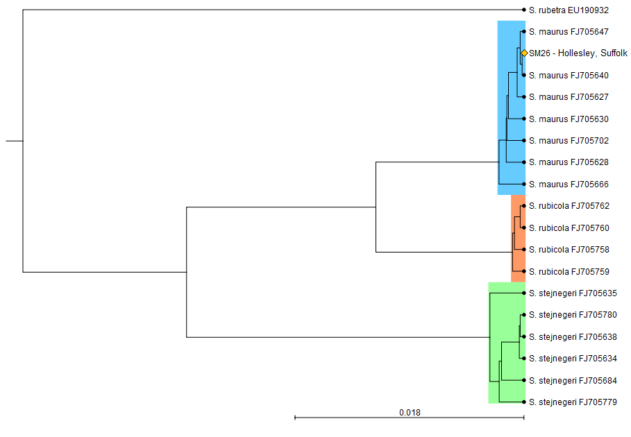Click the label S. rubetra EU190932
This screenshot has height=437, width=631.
(x=569, y=10)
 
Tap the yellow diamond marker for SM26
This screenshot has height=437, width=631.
(x=524, y=53)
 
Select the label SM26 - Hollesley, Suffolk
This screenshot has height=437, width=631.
(x=578, y=53)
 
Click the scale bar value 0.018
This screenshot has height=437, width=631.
(x=410, y=413)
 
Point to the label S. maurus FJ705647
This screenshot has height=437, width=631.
(x=569, y=32)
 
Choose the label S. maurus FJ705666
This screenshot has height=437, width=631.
(x=569, y=184)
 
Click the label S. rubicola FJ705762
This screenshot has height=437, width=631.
(x=569, y=206)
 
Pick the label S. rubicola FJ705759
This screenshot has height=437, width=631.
(x=569, y=271)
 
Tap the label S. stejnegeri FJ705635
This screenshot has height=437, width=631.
(x=573, y=293)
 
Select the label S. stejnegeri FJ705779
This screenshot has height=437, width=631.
(x=573, y=402)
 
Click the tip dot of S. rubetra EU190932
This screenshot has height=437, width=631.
(x=523, y=10)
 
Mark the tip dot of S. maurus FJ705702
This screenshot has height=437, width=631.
(x=523, y=141)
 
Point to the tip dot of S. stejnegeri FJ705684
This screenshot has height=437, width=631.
(x=523, y=380)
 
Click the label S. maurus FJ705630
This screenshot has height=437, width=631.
(x=569, y=119)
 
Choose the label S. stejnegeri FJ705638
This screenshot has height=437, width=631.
(x=573, y=337)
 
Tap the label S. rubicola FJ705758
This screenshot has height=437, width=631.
(x=569, y=250)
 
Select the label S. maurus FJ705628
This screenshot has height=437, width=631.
(x=569, y=162)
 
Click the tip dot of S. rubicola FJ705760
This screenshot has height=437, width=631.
(x=523, y=228)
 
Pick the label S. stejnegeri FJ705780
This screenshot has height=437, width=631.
(x=573, y=315)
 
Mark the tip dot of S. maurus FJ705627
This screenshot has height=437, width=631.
(x=523, y=97)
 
